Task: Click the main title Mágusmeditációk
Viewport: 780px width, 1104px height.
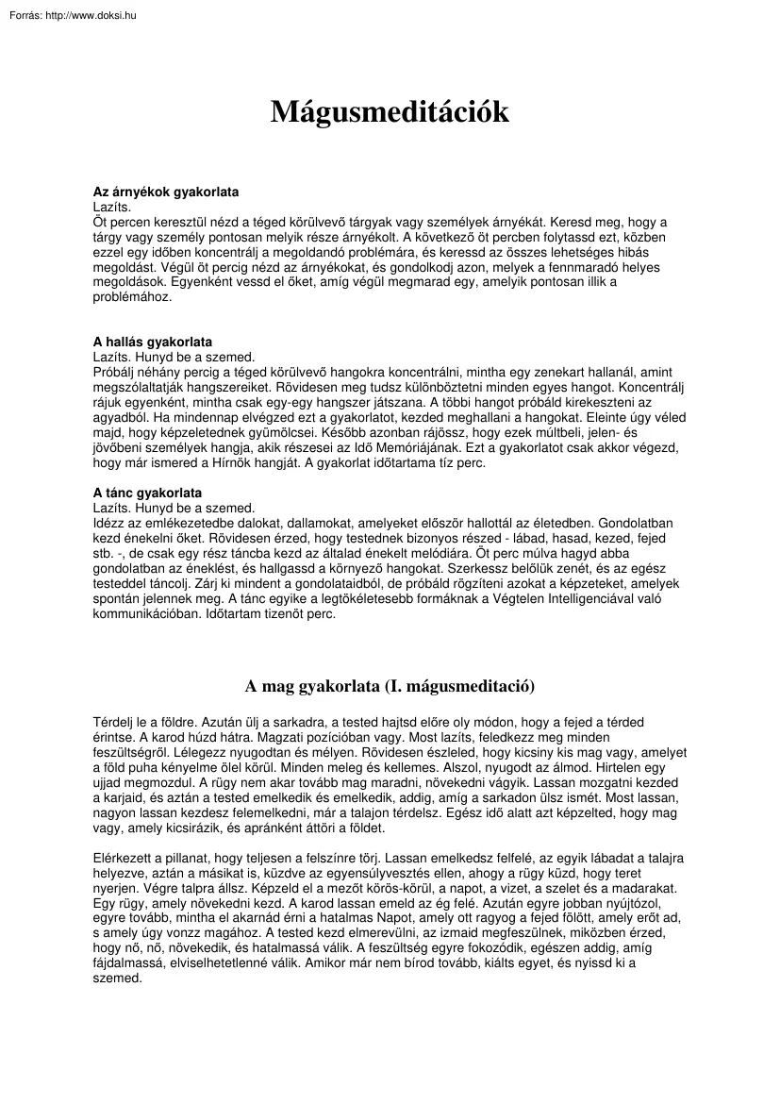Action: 390,112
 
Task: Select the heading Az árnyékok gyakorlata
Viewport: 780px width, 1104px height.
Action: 165,191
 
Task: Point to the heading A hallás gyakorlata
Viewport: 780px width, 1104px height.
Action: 152,341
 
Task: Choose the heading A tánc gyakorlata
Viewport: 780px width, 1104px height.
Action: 147,493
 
